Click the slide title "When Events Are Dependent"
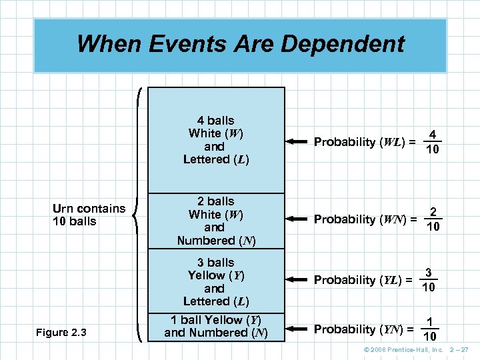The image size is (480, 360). pyautogui.click(x=240, y=44)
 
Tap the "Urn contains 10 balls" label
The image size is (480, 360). pyautogui.click(x=89, y=215)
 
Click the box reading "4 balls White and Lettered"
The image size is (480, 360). pyautogui.click(x=216, y=139)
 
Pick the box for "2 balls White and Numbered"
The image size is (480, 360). pyautogui.click(x=216, y=221)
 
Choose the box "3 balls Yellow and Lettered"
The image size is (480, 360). pyautogui.click(x=216, y=281)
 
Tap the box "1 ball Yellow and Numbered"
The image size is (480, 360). pyautogui.click(x=216, y=326)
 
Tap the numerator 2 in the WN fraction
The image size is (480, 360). pyautogui.click(x=433, y=212)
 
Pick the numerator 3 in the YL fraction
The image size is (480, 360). pyautogui.click(x=429, y=273)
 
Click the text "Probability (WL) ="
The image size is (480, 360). pyautogui.click(x=365, y=142)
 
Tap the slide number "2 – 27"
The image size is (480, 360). pyautogui.click(x=460, y=350)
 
